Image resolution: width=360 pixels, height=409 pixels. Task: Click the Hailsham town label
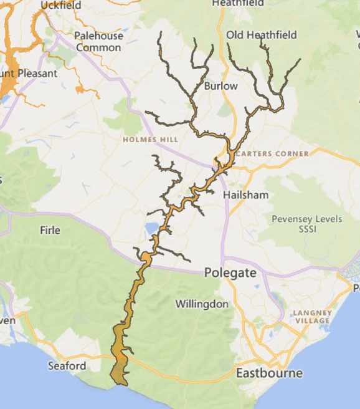click(x=245, y=195)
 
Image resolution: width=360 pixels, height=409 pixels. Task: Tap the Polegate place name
click(x=230, y=272)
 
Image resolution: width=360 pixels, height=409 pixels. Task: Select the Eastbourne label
click(x=269, y=373)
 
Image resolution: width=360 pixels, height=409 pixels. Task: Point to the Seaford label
click(x=67, y=366)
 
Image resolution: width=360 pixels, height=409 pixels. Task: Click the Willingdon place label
click(x=202, y=304)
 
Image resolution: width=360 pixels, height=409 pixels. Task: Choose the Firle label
click(x=50, y=230)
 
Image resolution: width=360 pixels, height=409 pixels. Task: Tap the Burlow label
click(x=221, y=86)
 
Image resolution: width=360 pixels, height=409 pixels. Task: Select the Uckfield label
click(x=61, y=6)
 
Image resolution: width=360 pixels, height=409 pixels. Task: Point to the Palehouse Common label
click(x=98, y=42)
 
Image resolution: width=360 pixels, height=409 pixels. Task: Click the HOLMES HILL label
click(x=151, y=140)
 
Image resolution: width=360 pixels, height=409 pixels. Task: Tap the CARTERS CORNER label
click(x=273, y=153)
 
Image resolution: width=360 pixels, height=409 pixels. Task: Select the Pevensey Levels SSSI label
click(x=306, y=225)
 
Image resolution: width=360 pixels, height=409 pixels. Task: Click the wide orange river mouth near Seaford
click(x=120, y=368)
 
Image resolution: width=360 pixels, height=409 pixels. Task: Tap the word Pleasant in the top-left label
click(x=37, y=74)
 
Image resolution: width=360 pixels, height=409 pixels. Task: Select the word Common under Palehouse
click(x=98, y=47)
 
